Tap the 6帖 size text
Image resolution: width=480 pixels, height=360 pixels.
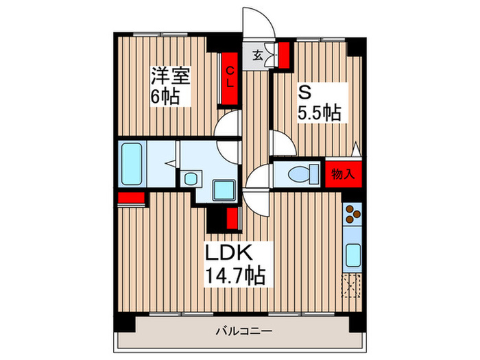(165, 97)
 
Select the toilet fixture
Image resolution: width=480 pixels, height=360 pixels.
(300, 173)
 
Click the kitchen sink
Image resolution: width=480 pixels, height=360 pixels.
(352, 256)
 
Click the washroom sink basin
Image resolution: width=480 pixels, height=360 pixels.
(190, 179)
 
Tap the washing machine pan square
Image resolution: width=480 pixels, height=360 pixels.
(221, 188)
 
